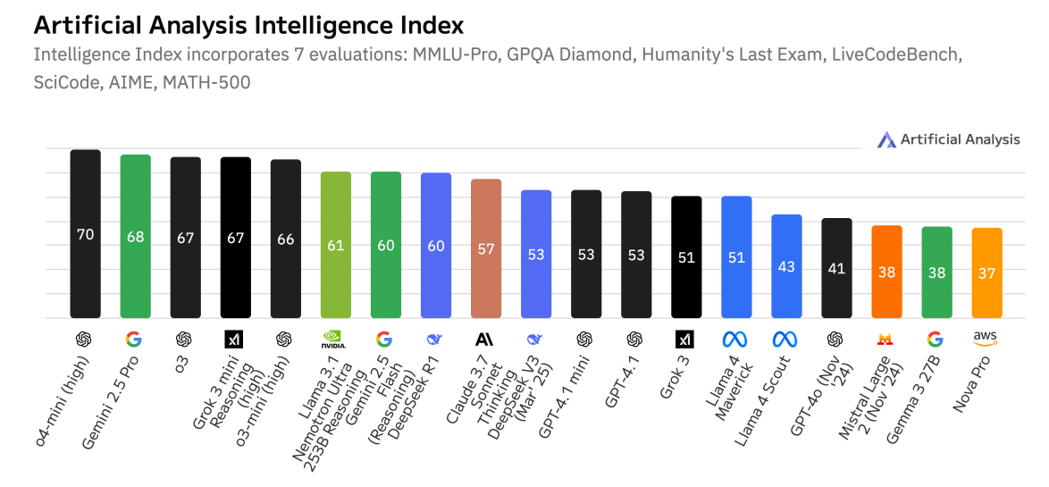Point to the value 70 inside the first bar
click(x=85, y=235)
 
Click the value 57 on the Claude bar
click(x=486, y=249)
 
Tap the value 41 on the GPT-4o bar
click(x=836, y=268)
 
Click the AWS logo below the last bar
click(x=986, y=339)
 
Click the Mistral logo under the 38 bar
click(x=886, y=340)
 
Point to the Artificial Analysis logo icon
click(x=886, y=139)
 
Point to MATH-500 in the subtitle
click(x=213, y=83)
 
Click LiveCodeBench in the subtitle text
click(x=896, y=55)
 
